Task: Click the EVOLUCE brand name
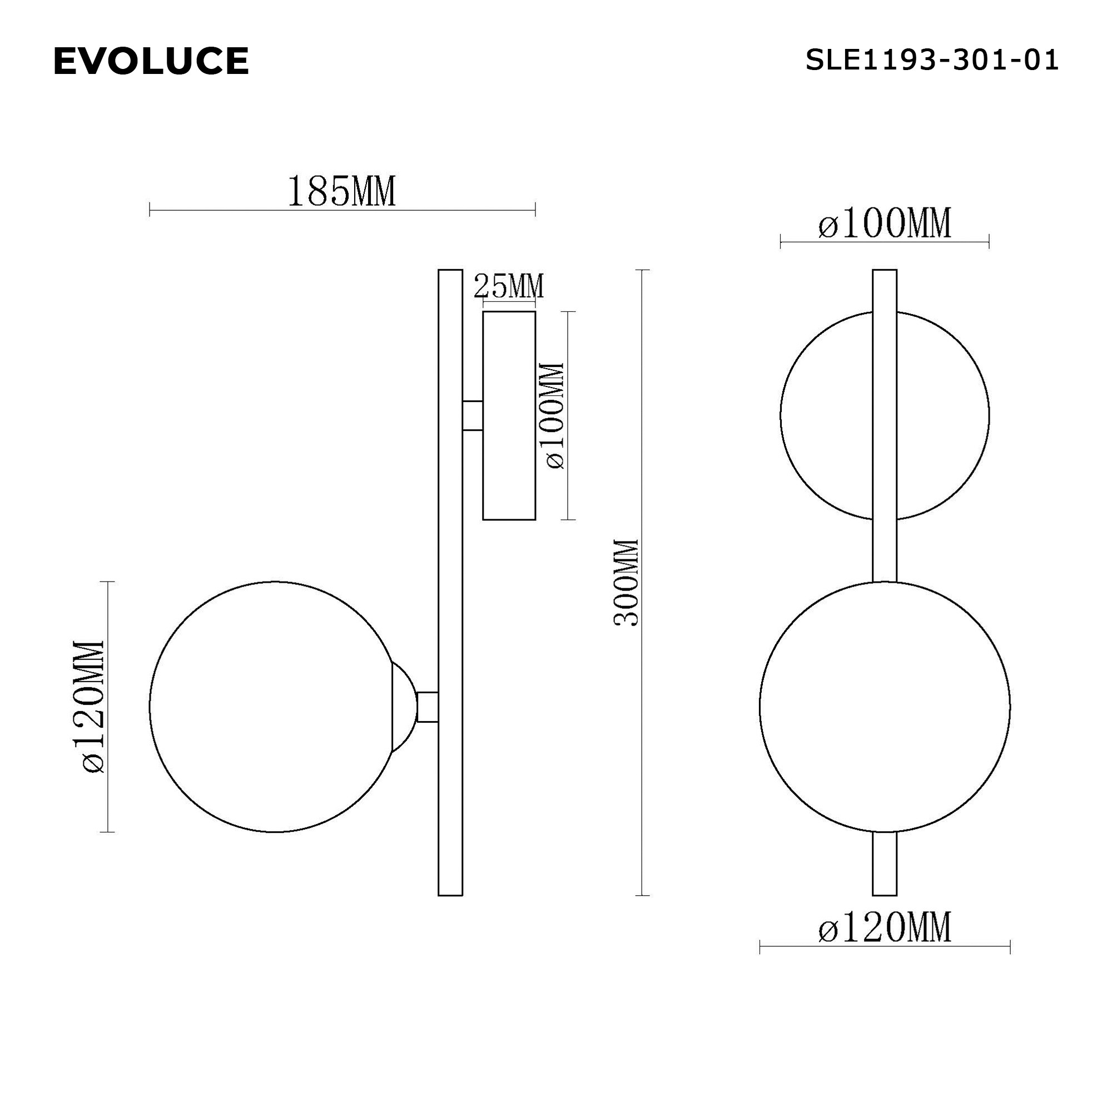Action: (x=151, y=61)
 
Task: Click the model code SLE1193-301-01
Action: (x=931, y=60)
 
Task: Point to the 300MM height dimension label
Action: (x=626, y=583)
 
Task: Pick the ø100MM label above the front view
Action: (x=884, y=224)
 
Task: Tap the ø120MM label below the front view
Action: (x=884, y=927)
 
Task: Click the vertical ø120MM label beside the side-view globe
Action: (x=94, y=706)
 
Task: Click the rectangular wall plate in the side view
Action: (x=509, y=415)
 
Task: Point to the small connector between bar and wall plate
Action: (x=473, y=415)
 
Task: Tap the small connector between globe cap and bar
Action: (x=427, y=707)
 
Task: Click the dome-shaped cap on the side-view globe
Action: (x=403, y=707)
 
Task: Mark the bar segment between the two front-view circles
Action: (x=885, y=550)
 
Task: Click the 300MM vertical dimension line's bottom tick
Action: (x=642, y=896)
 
